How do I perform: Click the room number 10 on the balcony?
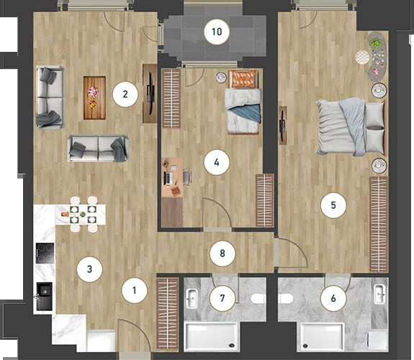coord(217,32)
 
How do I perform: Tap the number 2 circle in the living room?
coord(125,94)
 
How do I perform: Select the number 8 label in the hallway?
coord(222,253)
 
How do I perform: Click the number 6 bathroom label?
coord(333,299)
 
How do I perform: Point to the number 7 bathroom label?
coord(222,299)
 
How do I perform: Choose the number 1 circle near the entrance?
coord(135,291)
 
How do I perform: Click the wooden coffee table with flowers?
coord(94,98)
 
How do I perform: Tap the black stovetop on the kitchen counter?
coord(45,253)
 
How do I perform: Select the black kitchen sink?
coord(44,297)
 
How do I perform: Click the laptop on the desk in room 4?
coord(168,179)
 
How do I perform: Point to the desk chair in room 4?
coord(188,177)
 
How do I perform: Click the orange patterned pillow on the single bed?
coord(243,79)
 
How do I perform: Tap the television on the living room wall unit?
coord(150,94)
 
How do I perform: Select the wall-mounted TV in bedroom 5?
coord(282,126)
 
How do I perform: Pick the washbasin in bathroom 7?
coord(192,299)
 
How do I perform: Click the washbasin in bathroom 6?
coord(379,294)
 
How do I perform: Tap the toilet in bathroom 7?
coord(258,299)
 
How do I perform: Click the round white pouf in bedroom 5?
coord(362,57)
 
